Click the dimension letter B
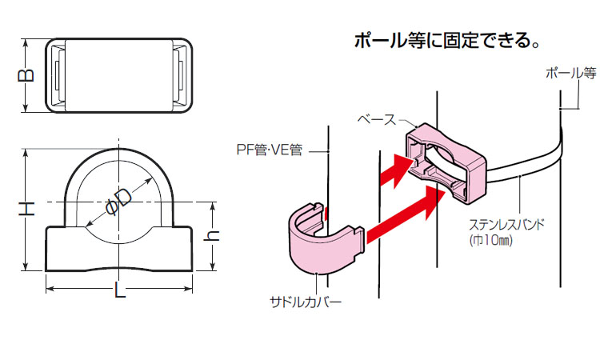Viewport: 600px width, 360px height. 26,76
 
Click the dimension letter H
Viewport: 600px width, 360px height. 27,210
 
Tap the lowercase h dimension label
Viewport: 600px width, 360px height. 214,237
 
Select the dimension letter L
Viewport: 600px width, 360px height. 120,293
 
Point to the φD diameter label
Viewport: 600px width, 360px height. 118,200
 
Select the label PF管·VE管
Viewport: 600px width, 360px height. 268,149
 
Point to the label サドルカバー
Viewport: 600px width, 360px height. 306,302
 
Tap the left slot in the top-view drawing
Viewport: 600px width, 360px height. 58,74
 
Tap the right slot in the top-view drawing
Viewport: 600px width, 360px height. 180,74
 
